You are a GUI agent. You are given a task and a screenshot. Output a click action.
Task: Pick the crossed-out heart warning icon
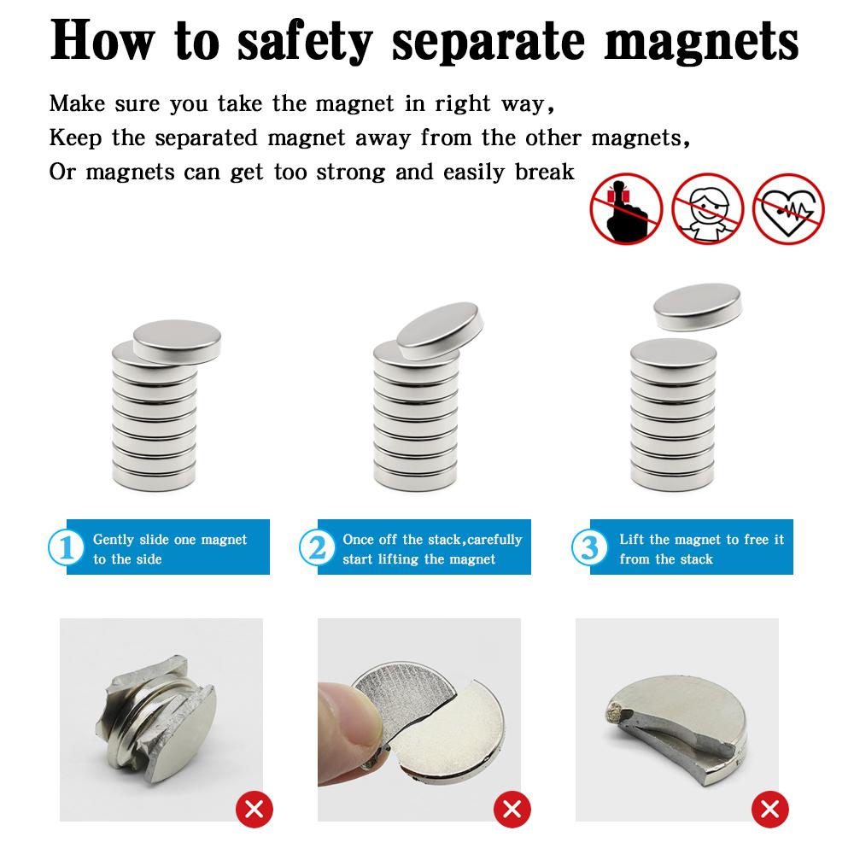coord(788,208)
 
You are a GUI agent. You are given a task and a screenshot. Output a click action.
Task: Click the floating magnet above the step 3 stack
coord(696,307)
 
